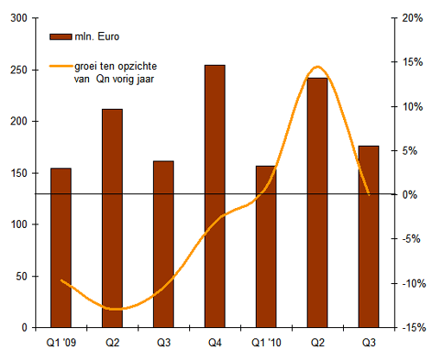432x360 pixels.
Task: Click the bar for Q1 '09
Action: pos(60,248)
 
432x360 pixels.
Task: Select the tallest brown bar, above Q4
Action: pos(215,196)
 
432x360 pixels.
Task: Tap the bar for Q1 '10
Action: pos(266,247)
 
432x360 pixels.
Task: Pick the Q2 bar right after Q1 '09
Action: pos(112,218)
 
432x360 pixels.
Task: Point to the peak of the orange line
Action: pos(317,67)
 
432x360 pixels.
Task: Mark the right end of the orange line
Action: pos(369,194)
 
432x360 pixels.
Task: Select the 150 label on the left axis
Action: pos(19,174)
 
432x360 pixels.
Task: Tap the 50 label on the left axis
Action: pos(22,276)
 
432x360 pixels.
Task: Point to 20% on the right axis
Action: pos(412,18)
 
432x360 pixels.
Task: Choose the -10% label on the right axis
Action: pos(414,283)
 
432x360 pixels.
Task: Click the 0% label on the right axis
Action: pos(410,195)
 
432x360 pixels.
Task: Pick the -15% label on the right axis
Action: pos(414,327)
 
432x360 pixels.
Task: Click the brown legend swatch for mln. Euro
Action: pos(60,37)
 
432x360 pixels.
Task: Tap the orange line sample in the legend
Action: pos(61,66)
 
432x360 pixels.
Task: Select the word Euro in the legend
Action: pos(109,36)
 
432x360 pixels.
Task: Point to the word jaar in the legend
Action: pos(145,79)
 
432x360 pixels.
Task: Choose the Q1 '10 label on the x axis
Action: pos(266,343)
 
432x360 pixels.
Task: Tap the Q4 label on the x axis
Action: pos(215,343)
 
